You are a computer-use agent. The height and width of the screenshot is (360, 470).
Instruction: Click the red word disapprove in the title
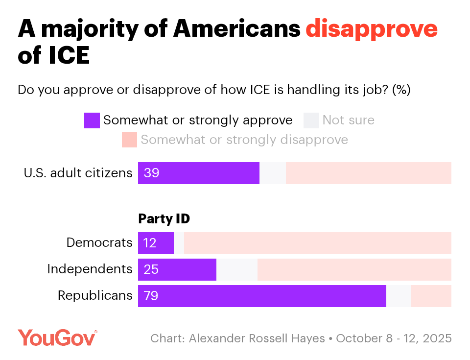(x=371, y=30)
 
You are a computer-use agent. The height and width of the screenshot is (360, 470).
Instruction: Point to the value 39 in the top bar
(x=152, y=173)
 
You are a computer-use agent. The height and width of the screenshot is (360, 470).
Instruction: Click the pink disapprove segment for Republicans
(x=431, y=296)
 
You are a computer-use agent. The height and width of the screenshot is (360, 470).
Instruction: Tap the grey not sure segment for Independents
(x=236, y=269)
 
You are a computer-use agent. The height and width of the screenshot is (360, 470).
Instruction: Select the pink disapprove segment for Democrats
(x=317, y=243)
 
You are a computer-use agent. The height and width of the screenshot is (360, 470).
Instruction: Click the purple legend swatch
(x=92, y=120)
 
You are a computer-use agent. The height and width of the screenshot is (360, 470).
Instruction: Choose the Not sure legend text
(x=348, y=120)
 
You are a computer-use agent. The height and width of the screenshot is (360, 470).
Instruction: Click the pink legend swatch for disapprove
(x=130, y=140)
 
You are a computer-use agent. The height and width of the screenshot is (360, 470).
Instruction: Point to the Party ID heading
(x=164, y=219)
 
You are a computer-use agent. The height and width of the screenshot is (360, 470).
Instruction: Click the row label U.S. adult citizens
(x=78, y=173)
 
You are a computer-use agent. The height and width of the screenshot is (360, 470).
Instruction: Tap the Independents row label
(x=90, y=269)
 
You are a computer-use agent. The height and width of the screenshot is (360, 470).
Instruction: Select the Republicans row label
(x=95, y=295)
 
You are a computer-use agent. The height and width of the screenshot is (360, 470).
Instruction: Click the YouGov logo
(x=58, y=338)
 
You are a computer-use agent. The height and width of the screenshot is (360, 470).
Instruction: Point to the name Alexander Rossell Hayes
(x=257, y=338)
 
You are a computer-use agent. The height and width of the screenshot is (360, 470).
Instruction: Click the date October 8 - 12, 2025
(x=394, y=338)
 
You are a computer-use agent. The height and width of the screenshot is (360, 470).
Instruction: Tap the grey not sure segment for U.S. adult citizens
(x=273, y=173)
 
